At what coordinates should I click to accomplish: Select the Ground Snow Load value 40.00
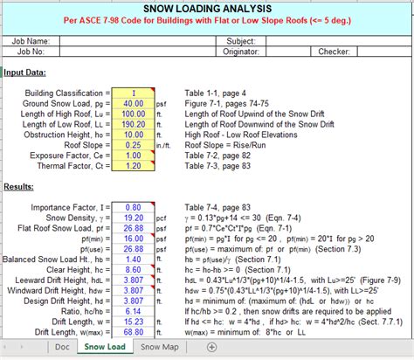(134, 104)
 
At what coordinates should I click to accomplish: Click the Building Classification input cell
(134, 93)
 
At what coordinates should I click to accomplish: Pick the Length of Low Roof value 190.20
(134, 126)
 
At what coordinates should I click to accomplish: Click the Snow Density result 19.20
(134, 218)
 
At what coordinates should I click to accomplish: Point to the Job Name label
(29, 40)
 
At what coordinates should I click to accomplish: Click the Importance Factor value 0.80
(134, 206)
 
